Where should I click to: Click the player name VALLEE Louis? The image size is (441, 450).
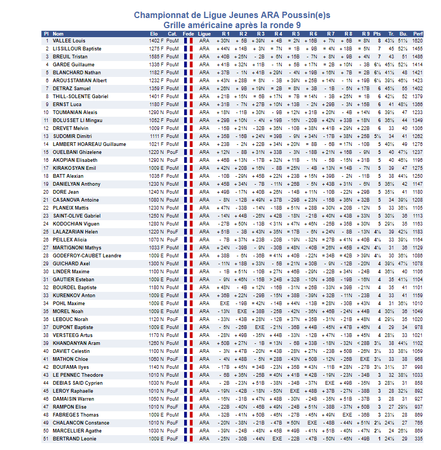[x=69, y=41]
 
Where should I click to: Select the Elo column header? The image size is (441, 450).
[x=154, y=34]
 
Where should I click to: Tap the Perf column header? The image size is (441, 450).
[x=418, y=34]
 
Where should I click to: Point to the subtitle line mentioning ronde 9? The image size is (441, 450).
[x=232, y=25]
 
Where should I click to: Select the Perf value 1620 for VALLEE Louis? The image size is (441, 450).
[x=418, y=41]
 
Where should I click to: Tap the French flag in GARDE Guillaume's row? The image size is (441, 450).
[x=188, y=65]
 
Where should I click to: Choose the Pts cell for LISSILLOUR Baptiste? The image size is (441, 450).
[x=379, y=49]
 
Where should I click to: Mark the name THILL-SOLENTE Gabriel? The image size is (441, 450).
[x=77, y=97]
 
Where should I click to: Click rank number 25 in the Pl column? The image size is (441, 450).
[x=47, y=232]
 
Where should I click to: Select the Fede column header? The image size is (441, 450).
[x=188, y=34]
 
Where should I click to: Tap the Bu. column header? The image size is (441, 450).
[x=404, y=34]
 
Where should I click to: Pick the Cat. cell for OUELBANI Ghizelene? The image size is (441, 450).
[x=172, y=152]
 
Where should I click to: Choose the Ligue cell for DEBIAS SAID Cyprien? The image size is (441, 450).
[x=204, y=383]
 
